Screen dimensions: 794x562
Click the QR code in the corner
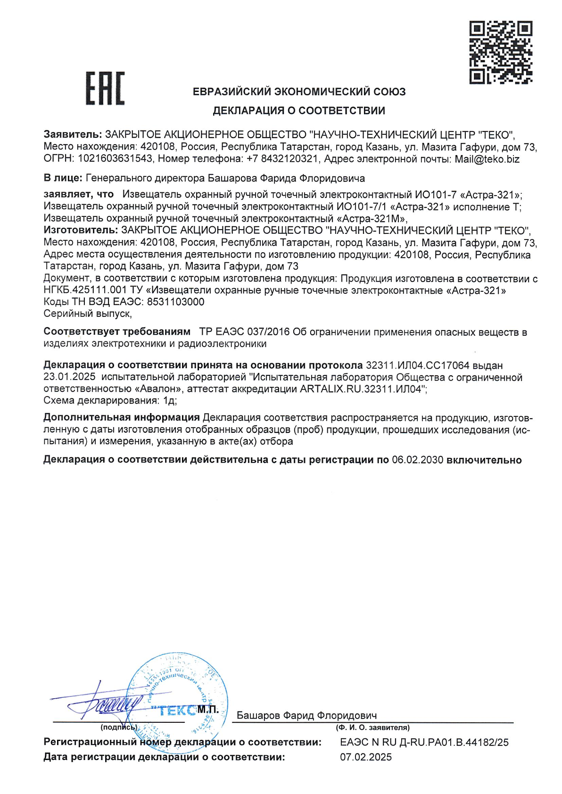click(501, 52)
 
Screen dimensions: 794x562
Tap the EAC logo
click(105, 88)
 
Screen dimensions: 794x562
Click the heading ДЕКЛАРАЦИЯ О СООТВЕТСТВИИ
click(299, 111)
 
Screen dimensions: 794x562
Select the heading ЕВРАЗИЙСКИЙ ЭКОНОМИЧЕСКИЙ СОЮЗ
click(299, 91)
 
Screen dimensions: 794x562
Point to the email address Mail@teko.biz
click(487, 159)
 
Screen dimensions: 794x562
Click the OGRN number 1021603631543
click(115, 159)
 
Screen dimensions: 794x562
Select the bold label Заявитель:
click(73, 134)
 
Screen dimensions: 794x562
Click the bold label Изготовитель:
click(81, 230)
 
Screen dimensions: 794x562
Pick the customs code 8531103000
click(176, 302)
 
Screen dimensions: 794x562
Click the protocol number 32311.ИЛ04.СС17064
click(417, 365)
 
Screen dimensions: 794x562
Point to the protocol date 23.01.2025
click(69, 377)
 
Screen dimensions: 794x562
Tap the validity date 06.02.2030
click(418, 460)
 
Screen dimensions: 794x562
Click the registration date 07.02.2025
click(366, 757)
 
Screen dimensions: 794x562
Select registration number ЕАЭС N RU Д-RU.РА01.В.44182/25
click(424, 742)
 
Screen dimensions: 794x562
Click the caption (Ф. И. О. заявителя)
click(372, 728)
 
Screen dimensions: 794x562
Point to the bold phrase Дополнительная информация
click(122, 418)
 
